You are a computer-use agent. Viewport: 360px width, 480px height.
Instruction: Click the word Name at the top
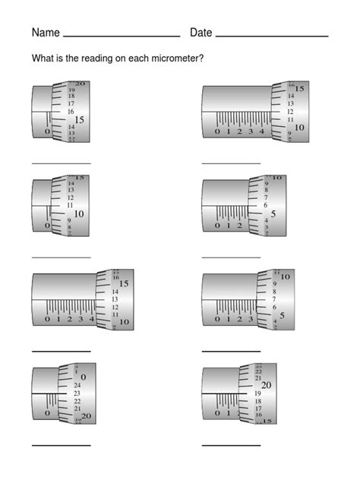pyautogui.click(x=45, y=33)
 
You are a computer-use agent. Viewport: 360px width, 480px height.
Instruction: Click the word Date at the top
pyautogui.click(x=201, y=33)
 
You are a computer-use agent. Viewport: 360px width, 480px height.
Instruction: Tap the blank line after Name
pyautogui.click(x=122, y=36)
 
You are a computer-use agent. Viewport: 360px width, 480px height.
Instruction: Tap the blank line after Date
pyautogui.click(x=271, y=36)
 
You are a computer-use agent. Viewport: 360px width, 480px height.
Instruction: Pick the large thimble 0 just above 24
pyautogui.click(x=83, y=377)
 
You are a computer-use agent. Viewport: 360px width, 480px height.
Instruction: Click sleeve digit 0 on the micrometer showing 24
pyautogui.click(x=47, y=414)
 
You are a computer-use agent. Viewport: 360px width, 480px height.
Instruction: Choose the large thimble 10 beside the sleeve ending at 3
pyautogui.click(x=285, y=278)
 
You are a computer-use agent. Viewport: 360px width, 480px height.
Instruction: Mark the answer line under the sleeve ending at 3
pyautogui.click(x=231, y=350)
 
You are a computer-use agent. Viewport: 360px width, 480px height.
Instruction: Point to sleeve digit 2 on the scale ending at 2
pyautogui.click(x=239, y=226)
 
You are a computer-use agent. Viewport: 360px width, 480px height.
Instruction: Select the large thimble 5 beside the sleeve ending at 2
pyautogui.click(x=273, y=213)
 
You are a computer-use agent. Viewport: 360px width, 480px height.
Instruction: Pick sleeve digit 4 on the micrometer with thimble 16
pyautogui.click(x=91, y=319)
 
